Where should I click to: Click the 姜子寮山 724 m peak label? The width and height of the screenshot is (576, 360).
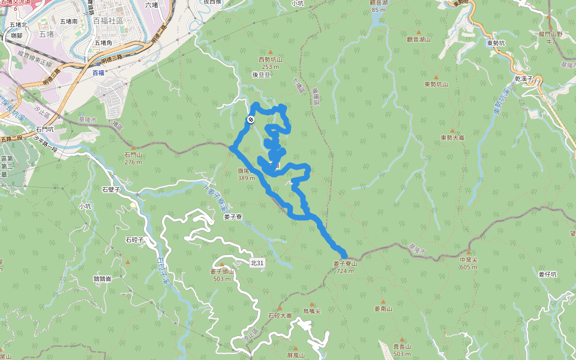(x=345, y=267)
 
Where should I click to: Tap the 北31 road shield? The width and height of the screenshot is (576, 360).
(x=257, y=263)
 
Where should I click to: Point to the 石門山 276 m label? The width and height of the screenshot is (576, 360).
(x=133, y=158)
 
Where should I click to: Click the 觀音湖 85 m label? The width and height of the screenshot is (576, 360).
(x=379, y=6)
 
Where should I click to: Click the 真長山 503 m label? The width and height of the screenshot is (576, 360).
(x=402, y=350)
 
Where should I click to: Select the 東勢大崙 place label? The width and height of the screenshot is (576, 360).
(x=452, y=137)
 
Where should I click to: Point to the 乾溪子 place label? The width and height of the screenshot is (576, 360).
(x=524, y=79)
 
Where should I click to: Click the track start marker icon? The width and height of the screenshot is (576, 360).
(x=250, y=119)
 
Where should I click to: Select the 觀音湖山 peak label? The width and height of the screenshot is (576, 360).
(x=419, y=39)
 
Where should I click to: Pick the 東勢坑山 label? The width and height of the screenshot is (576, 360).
(x=436, y=85)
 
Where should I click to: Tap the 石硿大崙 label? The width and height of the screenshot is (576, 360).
(x=280, y=315)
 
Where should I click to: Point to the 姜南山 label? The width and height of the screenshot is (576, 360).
(x=383, y=309)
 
